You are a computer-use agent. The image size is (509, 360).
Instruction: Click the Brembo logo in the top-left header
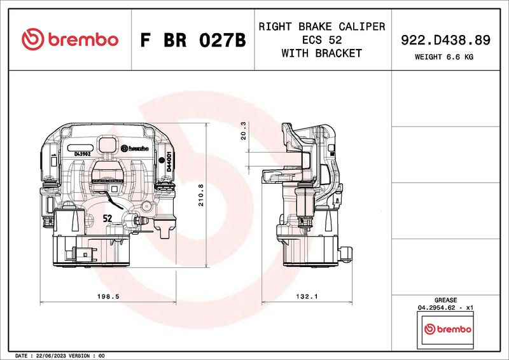[x=70, y=39]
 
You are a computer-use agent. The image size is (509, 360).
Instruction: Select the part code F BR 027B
[x=192, y=40]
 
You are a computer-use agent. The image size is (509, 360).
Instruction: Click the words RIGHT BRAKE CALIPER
[x=321, y=27]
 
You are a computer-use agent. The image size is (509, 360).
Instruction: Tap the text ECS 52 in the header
[x=321, y=40]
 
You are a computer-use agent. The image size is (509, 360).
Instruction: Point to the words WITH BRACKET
[x=321, y=53]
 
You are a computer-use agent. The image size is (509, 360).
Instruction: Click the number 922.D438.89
[x=445, y=40]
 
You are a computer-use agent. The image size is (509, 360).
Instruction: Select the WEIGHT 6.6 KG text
[x=445, y=57]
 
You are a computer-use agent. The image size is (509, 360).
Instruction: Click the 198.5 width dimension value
[x=109, y=296]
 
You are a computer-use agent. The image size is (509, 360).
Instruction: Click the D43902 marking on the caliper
[x=82, y=154]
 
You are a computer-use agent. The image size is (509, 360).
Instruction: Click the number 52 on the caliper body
[x=108, y=218]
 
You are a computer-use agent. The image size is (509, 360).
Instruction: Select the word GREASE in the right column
[x=445, y=300]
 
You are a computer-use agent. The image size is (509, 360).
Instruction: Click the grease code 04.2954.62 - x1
[x=445, y=307]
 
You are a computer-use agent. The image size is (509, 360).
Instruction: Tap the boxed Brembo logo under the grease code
[x=447, y=329]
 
